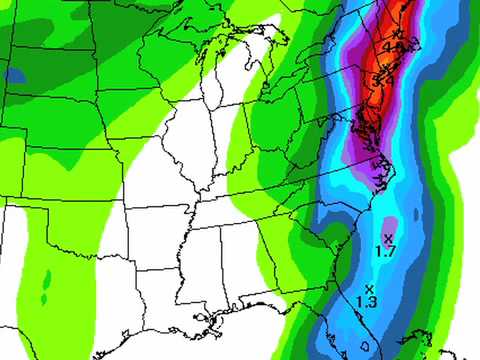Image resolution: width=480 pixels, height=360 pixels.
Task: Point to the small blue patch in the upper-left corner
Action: [14, 74]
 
